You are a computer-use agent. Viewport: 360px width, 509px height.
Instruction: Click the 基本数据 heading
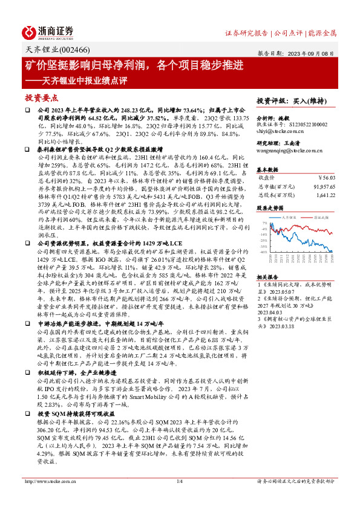pyautogui.click(x=267, y=169)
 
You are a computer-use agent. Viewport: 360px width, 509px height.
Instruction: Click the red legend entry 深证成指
pyautogui.click(x=321, y=216)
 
